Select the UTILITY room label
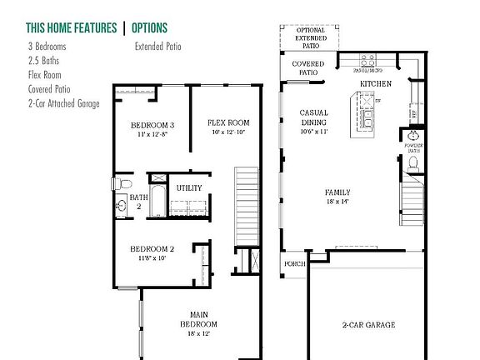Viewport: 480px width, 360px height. (x=188, y=188)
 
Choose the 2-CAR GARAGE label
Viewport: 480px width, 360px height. (x=367, y=324)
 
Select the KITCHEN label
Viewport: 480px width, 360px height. (x=375, y=85)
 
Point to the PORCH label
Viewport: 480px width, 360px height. (x=295, y=264)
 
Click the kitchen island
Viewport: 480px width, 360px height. (x=367, y=115)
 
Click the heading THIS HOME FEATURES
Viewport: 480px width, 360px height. (x=71, y=28)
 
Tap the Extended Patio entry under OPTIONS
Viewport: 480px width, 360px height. (x=157, y=47)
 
